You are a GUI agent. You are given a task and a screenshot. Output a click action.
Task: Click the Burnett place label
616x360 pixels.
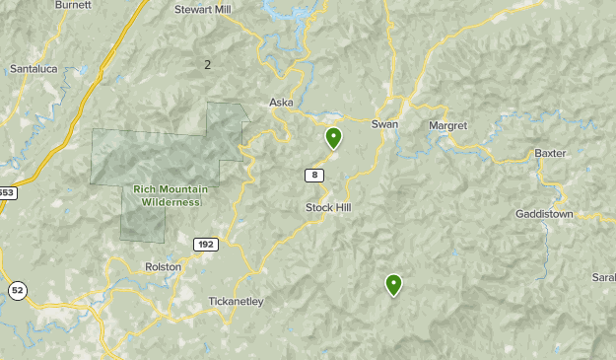pyautogui.click(x=73, y=5)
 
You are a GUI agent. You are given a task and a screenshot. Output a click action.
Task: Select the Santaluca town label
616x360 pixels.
pyautogui.click(x=34, y=69)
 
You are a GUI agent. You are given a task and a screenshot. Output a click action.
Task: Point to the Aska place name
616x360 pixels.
pyautogui.click(x=283, y=103)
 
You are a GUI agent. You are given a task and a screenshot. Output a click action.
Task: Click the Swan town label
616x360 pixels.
pyautogui.click(x=384, y=124)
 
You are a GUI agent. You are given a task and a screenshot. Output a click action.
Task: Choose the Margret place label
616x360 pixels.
pyautogui.click(x=447, y=126)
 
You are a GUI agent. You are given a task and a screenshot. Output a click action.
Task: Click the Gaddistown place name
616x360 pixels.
pyautogui.click(x=544, y=214)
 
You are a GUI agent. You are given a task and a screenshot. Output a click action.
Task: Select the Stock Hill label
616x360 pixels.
pyautogui.click(x=328, y=208)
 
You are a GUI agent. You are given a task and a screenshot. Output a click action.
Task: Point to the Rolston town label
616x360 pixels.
pyautogui.click(x=164, y=265)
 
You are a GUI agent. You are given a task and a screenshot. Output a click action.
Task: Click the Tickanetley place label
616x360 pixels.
pyautogui.click(x=237, y=302)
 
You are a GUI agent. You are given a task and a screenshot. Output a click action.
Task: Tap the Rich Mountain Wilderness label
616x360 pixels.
pyautogui.click(x=166, y=195)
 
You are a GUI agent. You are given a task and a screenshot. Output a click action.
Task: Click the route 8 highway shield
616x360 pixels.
pyautogui.click(x=313, y=176)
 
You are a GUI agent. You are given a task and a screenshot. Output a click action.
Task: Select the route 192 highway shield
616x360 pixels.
pyautogui.click(x=205, y=245)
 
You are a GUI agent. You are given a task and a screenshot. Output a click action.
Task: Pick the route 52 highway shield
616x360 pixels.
pyautogui.click(x=17, y=290)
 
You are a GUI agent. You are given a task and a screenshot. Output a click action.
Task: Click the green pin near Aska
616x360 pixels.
pyautogui.click(x=334, y=137)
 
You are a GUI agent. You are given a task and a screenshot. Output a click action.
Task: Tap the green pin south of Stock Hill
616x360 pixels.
pyautogui.click(x=394, y=284)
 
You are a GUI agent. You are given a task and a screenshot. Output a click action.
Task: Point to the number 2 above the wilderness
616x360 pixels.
pyautogui.click(x=207, y=65)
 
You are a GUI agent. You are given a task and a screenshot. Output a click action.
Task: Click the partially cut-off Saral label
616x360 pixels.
pyautogui.click(x=603, y=278)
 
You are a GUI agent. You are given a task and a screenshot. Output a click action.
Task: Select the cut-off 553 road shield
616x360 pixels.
pyautogui.click(x=5, y=192)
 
